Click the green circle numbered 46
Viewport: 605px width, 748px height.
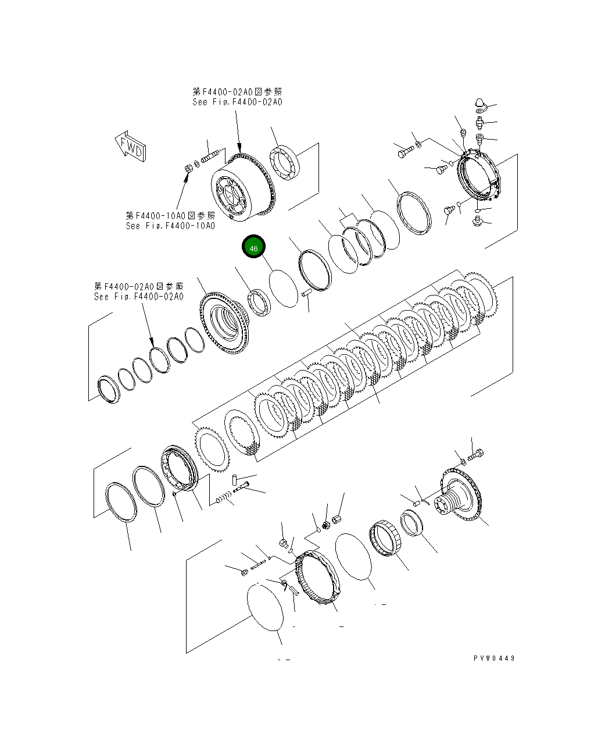tap(253, 248)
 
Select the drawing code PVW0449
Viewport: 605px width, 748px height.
tap(493, 658)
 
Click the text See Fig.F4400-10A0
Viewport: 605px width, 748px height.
tap(170, 226)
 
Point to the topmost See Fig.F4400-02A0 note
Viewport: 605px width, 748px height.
tap(237, 97)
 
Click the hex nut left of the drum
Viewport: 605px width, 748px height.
tap(188, 168)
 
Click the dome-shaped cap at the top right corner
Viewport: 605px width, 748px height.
tap(480, 104)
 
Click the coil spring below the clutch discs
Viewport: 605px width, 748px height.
tap(224, 498)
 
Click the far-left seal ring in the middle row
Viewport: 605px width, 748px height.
tap(108, 388)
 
